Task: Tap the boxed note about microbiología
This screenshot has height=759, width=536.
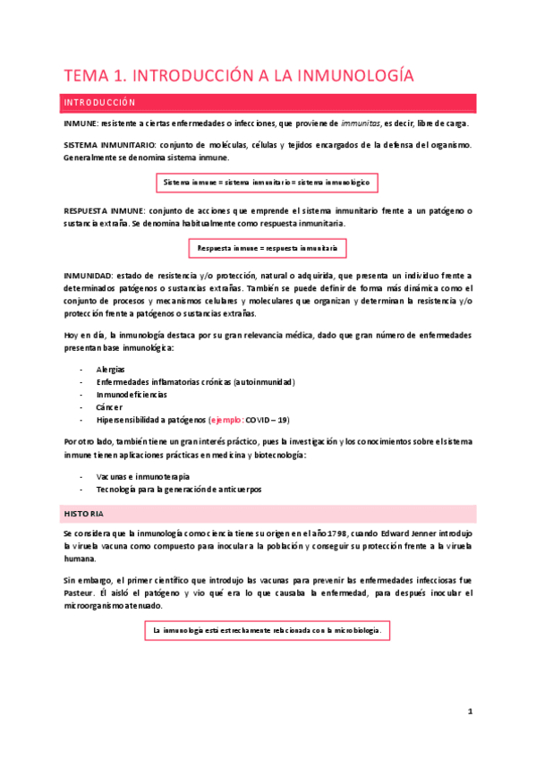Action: pyautogui.click(x=268, y=606)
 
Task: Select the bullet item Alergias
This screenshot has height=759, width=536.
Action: pyautogui.click(x=110, y=369)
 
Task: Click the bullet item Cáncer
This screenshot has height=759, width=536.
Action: pyautogui.click(x=108, y=406)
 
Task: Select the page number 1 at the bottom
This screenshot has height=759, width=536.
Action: pyautogui.click(x=469, y=712)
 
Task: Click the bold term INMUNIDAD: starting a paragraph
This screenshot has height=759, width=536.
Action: pyautogui.click(x=88, y=275)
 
